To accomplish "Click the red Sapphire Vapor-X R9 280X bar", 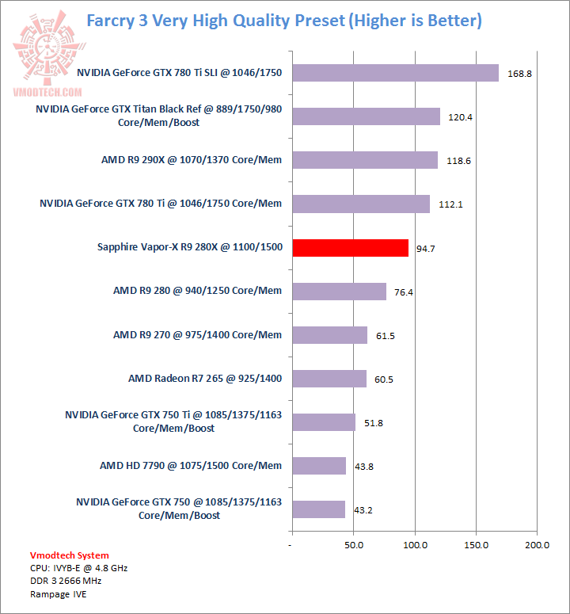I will pos(350,248).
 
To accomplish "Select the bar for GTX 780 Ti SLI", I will pos(395,73).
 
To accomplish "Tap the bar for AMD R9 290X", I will pos(365,160).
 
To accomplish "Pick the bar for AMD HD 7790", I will pos(319,466).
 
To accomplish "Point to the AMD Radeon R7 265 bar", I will pos(329,379).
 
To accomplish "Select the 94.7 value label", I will pos(427,249).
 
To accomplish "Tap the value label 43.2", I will pos(363,510).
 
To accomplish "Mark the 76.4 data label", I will pos(405,292).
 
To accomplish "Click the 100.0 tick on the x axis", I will pos(415,546).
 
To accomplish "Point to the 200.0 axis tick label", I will pos(537,546).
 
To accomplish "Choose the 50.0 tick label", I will pos(354,546).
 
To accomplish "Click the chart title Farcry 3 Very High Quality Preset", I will pos(283,20).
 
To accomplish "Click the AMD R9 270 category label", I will pos(197,335).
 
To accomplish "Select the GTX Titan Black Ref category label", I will pos(159,116).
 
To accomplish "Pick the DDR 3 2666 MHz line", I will pos(66,581).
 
